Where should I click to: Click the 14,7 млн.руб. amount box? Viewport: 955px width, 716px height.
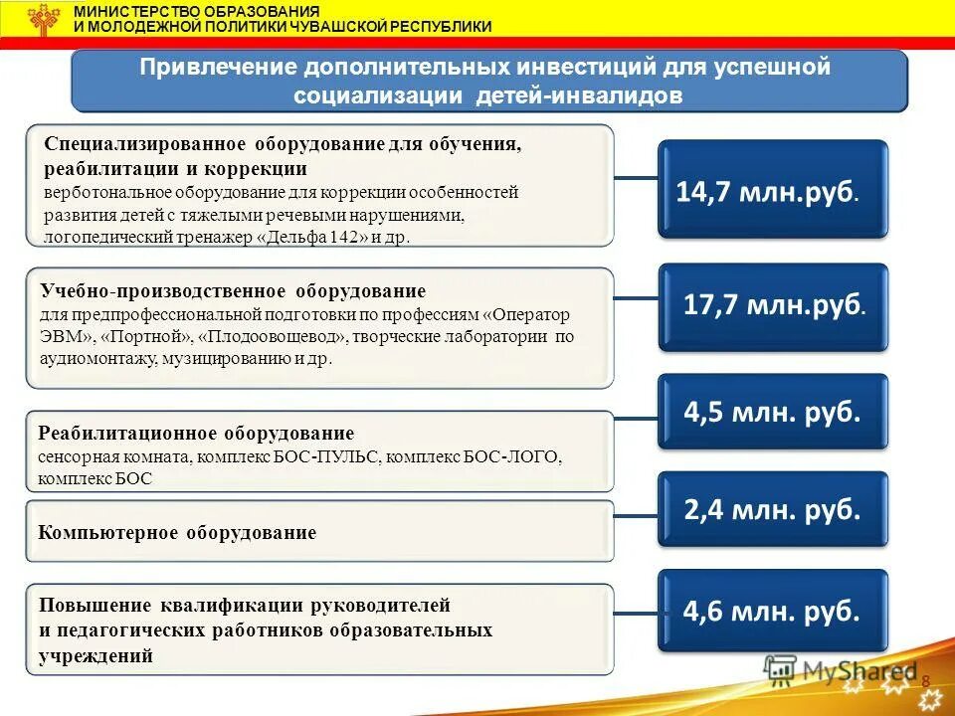coord(772,190)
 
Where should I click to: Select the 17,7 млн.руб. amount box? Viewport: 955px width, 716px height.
coord(772,306)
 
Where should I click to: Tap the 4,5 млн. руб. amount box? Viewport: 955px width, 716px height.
coord(772,412)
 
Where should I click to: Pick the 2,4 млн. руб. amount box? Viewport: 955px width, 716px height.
coord(772,509)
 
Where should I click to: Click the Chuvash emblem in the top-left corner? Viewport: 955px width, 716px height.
coord(43,19)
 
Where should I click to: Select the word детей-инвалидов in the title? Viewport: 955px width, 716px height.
coord(606,95)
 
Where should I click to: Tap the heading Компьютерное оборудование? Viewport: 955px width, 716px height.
coord(177,533)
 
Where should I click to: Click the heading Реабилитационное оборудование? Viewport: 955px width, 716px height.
coord(196,434)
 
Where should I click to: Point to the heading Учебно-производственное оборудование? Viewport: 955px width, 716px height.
coord(233,291)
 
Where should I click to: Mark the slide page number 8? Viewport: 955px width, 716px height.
coord(925,680)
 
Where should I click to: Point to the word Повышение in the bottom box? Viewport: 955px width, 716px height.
coord(93,605)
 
